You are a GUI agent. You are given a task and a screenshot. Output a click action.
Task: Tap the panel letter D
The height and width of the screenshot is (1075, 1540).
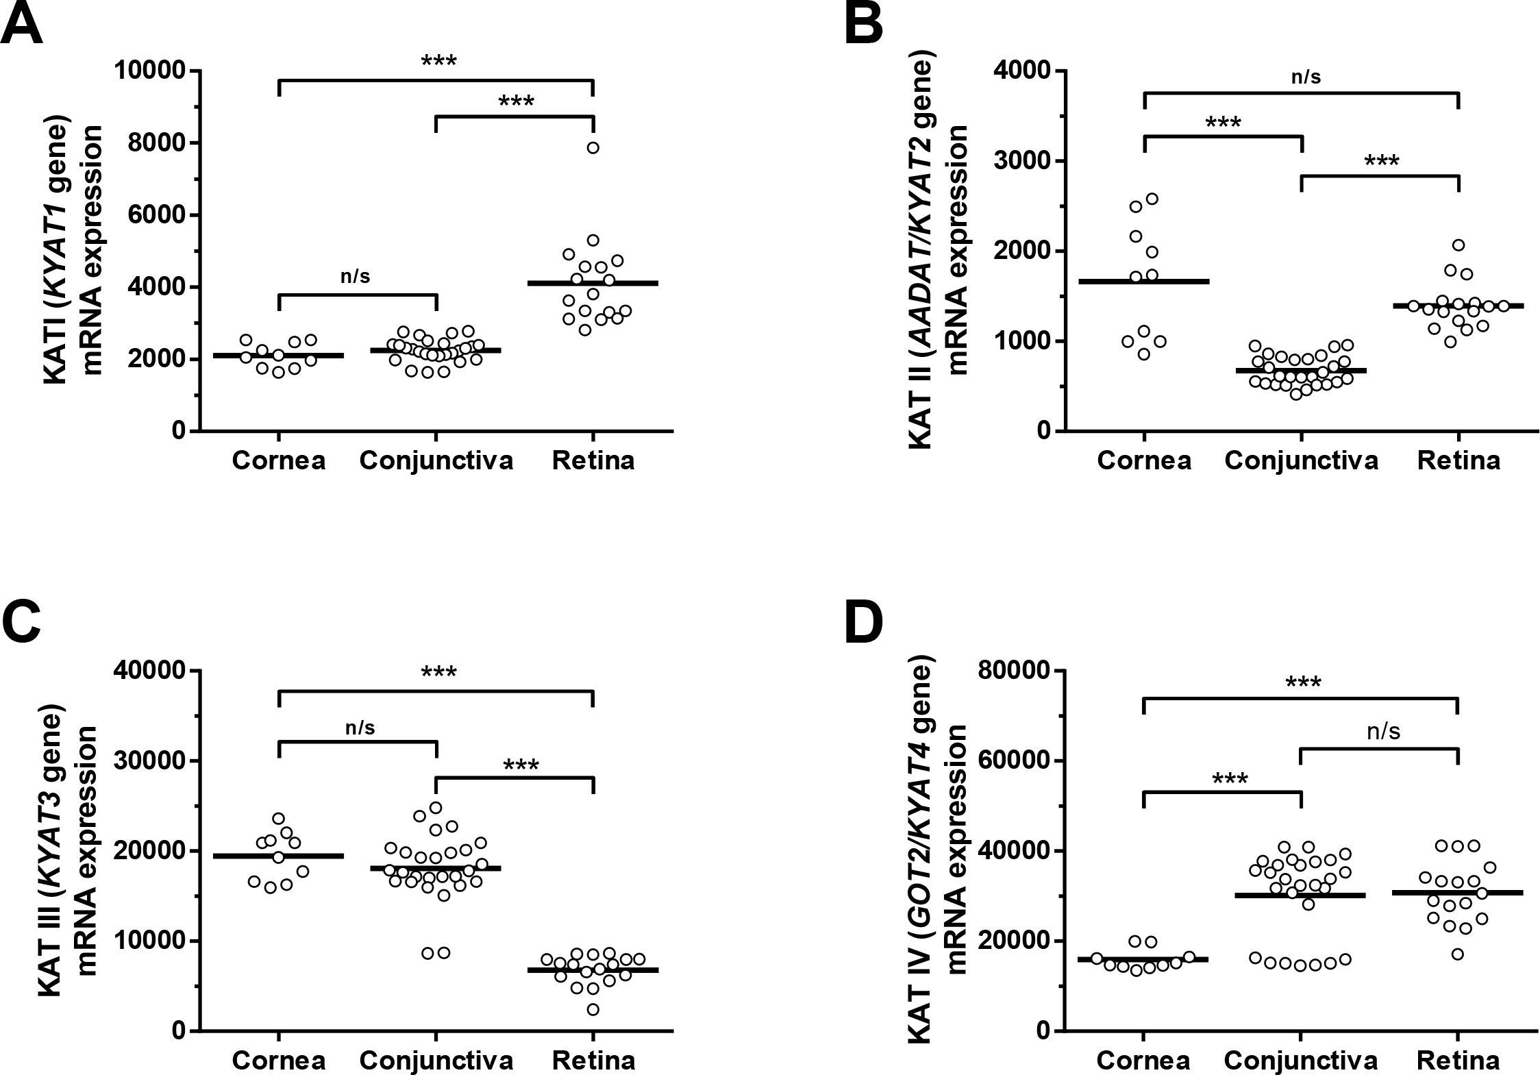(865, 623)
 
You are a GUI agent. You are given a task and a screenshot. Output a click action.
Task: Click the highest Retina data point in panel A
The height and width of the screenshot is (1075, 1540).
(593, 148)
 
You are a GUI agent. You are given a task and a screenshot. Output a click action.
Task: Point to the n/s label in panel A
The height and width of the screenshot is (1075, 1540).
(355, 276)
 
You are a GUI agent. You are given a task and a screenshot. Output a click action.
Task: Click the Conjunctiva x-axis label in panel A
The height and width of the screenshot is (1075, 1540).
(436, 460)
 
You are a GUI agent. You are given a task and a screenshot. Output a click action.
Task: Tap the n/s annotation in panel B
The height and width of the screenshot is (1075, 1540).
(1306, 77)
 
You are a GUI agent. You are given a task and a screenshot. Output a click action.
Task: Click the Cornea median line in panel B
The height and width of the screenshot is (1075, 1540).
(1143, 281)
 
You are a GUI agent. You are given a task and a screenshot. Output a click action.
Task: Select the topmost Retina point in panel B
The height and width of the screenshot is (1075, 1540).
(1458, 245)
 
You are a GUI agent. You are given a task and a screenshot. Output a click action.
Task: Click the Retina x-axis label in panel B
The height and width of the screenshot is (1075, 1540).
(1458, 460)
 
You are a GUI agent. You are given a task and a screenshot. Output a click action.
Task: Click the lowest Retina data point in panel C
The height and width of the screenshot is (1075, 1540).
(593, 1010)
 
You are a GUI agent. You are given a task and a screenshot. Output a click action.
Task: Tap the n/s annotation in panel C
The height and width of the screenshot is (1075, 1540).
(360, 727)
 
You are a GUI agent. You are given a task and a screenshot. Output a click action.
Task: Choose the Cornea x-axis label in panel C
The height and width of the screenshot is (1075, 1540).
(278, 1061)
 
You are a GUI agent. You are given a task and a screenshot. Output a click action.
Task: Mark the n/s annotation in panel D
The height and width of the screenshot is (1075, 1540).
(1383, 732)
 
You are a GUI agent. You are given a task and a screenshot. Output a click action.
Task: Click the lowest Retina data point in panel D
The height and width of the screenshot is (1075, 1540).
(1458, 954)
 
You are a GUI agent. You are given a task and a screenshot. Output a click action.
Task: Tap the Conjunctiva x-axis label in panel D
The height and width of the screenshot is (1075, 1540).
(1301, 1061)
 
